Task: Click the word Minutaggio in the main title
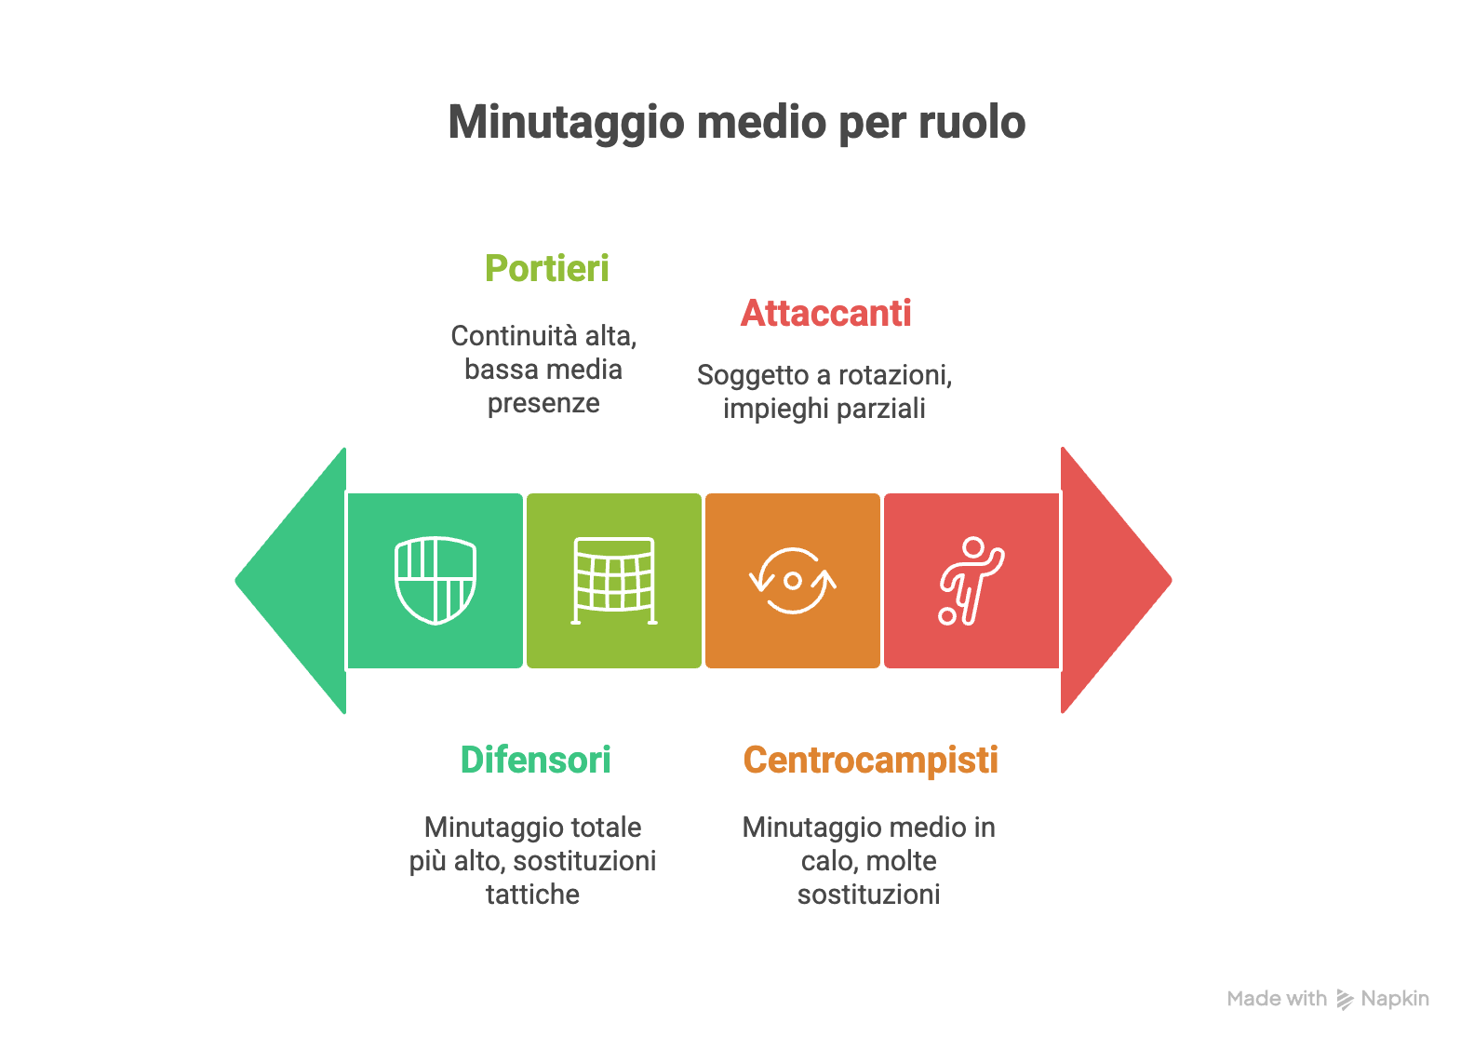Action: coord(567,123)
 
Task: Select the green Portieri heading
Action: coord(547,269)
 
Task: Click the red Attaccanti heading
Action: coord(825,314)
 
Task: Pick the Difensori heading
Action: coord(536,760)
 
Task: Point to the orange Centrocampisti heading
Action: coord(871,761)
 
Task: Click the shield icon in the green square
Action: coord(435,581)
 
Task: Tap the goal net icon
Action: coord(614,581)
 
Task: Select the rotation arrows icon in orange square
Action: coord(793,581)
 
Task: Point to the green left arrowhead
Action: coord(291,581)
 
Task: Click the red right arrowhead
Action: coord(1116,580)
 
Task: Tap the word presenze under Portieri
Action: coord(543,404)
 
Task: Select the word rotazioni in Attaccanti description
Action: coord(895,376)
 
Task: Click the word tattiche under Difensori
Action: coord(533,895)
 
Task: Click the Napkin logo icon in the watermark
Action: coord(1345,1000)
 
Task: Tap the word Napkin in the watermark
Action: coord(1395,1000)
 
